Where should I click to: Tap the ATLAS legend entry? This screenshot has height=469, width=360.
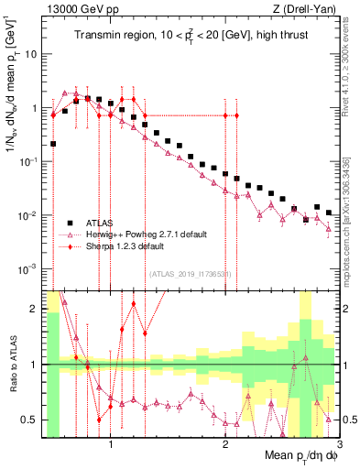[x=98, y=223]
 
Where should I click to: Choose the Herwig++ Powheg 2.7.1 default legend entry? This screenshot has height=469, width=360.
[x=146, y=234]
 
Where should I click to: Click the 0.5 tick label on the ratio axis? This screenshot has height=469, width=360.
[x=28, y=420]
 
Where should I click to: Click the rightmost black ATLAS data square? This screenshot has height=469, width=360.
[x=329, y=213]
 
